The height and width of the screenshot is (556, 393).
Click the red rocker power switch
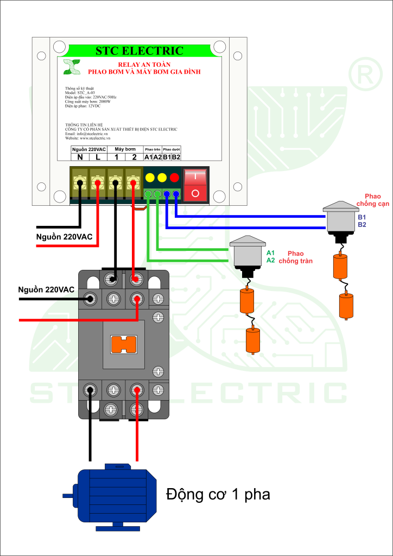196,185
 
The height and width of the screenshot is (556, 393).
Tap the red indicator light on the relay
174,178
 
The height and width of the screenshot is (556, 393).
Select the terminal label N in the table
80,157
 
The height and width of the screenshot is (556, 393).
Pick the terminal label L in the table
98,157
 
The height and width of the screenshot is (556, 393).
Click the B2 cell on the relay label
176,157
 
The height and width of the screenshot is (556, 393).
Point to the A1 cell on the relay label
148,157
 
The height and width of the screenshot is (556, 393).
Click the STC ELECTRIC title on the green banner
140,51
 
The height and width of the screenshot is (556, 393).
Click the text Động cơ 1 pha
218,495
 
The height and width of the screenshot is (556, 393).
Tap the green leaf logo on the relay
71,66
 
